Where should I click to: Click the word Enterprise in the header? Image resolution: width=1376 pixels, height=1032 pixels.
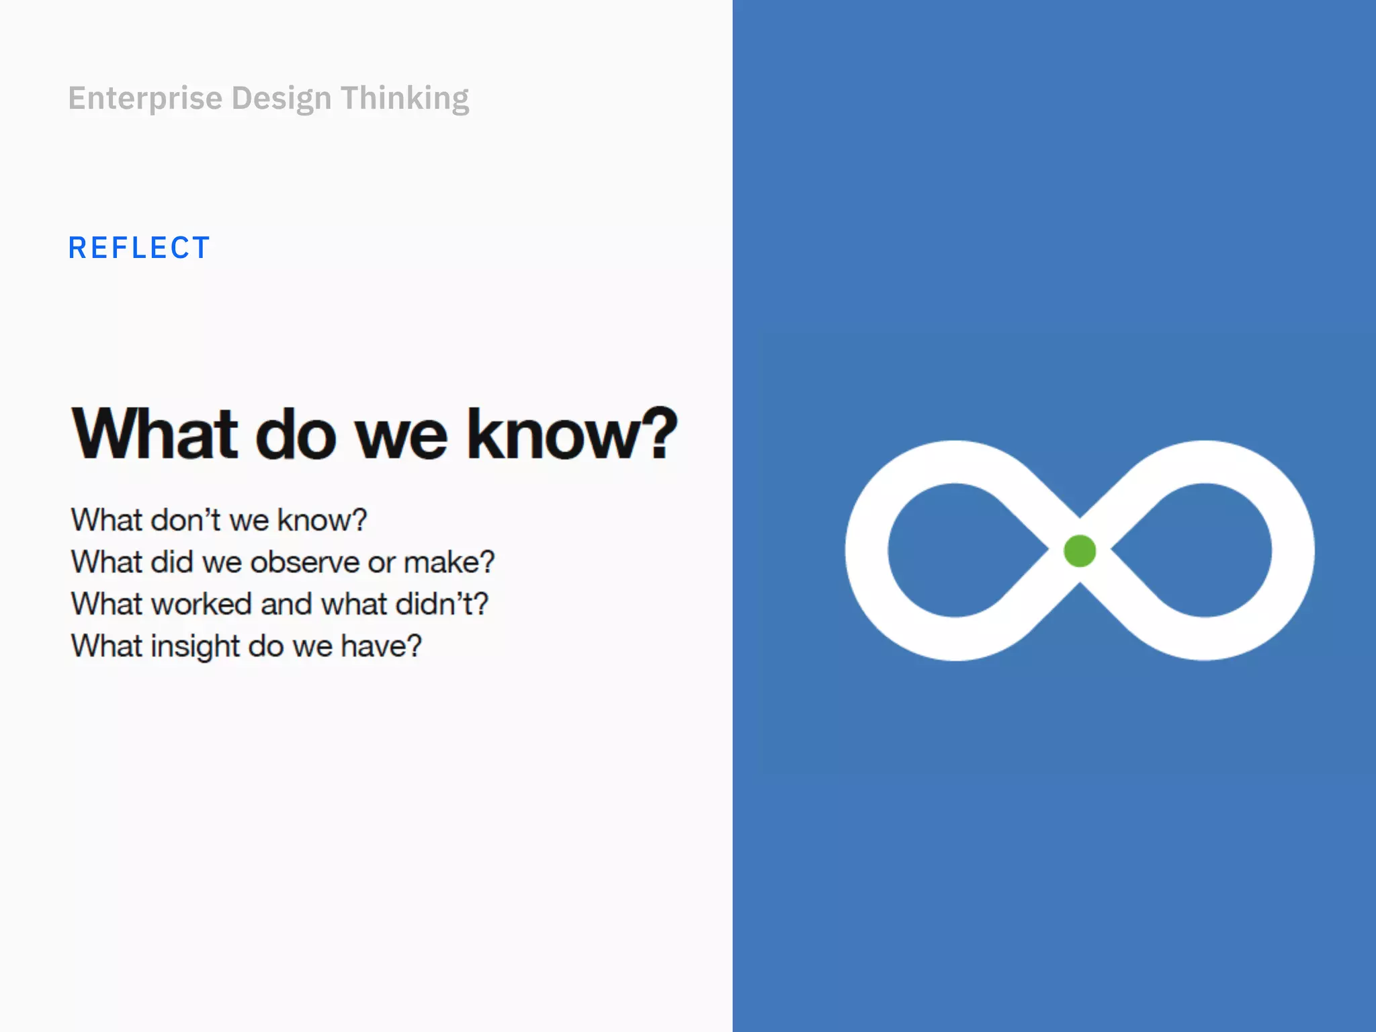coord(145,99)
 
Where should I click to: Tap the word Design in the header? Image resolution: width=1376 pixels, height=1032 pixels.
coord(282,99)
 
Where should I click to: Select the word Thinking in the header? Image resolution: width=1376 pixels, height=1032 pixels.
coord(404,99)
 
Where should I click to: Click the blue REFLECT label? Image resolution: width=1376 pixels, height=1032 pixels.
coord(139,248)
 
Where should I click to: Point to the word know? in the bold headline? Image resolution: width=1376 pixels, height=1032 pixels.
coord(572,435)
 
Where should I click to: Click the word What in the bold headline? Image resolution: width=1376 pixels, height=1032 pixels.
coord(155,435)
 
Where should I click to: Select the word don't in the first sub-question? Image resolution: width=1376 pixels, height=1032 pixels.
coord(186,520)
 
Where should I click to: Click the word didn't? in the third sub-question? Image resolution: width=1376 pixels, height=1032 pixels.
coord(441,604)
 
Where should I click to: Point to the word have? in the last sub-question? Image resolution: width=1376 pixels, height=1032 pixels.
coord(381,646)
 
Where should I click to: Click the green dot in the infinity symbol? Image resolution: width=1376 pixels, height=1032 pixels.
coord(1080,551)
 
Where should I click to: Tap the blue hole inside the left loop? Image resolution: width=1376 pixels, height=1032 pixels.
coord(957,550)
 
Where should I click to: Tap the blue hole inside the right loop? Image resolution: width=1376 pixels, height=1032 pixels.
coord(1203,550)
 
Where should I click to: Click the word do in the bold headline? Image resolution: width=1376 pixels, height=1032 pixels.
coord(296,435)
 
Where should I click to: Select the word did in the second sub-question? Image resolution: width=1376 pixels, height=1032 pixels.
coord(172,562)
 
